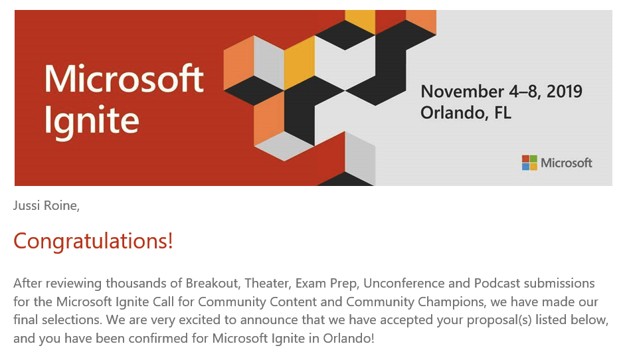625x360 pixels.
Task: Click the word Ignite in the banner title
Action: [92, 121]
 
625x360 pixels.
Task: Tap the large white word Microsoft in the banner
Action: [124, 78]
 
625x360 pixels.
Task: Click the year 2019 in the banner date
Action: [564, 92]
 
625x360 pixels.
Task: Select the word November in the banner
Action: [462, 92]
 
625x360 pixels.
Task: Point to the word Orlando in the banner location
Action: [453, 113]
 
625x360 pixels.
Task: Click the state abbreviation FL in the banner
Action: [502, 113]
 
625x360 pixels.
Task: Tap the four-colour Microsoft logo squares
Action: [529, 163]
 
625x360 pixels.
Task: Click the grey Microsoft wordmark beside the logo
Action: [566, 163]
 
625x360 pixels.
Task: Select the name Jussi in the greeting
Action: [27, 206]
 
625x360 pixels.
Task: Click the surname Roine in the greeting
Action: [61, 206]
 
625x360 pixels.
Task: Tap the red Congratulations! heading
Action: [93, 242]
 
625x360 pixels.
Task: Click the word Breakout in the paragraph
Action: [213, 284]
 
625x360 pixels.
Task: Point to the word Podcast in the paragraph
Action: [497, 284]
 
